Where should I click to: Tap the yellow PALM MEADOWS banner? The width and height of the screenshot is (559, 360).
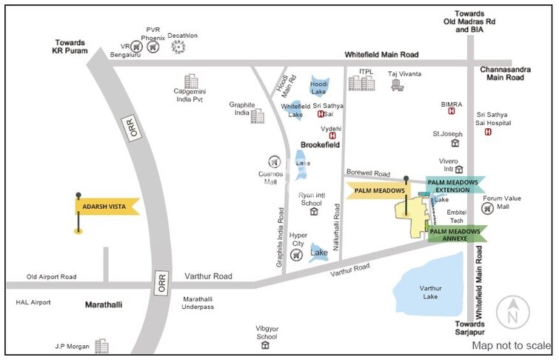378,190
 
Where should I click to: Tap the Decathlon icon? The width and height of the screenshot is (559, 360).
178,47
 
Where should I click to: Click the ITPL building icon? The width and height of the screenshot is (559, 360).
361,82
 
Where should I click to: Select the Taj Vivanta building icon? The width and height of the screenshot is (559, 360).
398,85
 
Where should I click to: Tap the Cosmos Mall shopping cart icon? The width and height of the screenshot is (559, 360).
273,161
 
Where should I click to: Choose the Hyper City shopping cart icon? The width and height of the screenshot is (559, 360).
297,256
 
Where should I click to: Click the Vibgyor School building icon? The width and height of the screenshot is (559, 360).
264,345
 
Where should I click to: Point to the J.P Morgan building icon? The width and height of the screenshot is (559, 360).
101,345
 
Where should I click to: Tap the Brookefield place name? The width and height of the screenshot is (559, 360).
320,145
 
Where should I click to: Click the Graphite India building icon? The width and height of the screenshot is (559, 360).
258,116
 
